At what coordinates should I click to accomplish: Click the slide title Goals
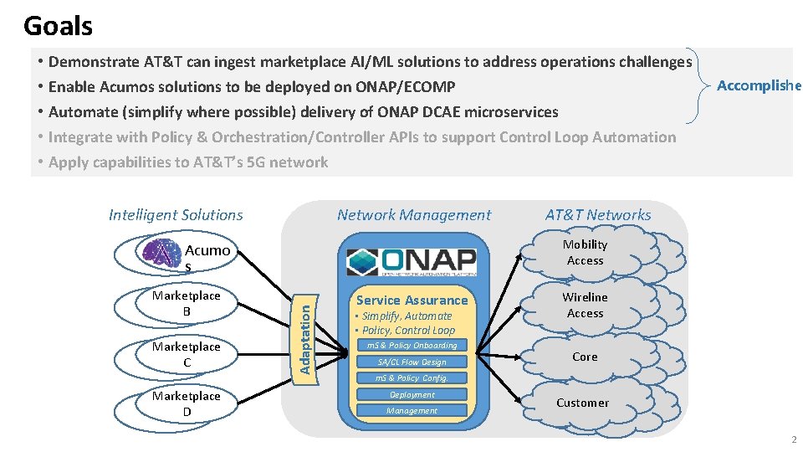tap(58, 26)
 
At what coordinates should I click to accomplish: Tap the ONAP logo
tap(411, 261)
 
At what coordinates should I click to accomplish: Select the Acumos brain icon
tap(162, 252)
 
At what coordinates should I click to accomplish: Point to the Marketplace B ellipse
tap(187, 303)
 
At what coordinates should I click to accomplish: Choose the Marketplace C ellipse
tap(187, 354)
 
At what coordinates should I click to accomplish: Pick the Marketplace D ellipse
tap(187, 403)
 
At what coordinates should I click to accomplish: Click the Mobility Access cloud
tap(585, 253)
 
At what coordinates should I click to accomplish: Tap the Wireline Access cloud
tap(585, 306)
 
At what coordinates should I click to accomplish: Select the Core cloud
tap(585, 357)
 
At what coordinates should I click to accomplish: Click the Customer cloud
tap(582, 403)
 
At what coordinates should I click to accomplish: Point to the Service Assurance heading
tap(412, 300)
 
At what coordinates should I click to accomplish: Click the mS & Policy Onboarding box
tap(412, 345)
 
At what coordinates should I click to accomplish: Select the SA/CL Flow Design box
tap(412, 362)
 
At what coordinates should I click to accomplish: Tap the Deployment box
tap(412, 394)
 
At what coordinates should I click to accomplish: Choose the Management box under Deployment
tap(412, 410)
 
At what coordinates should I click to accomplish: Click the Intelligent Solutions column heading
tap(176, 215)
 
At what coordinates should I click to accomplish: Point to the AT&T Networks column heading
tap(597, 215)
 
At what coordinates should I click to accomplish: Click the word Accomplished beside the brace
tap(759, 85)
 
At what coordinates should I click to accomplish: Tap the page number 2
tap(794, 439)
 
